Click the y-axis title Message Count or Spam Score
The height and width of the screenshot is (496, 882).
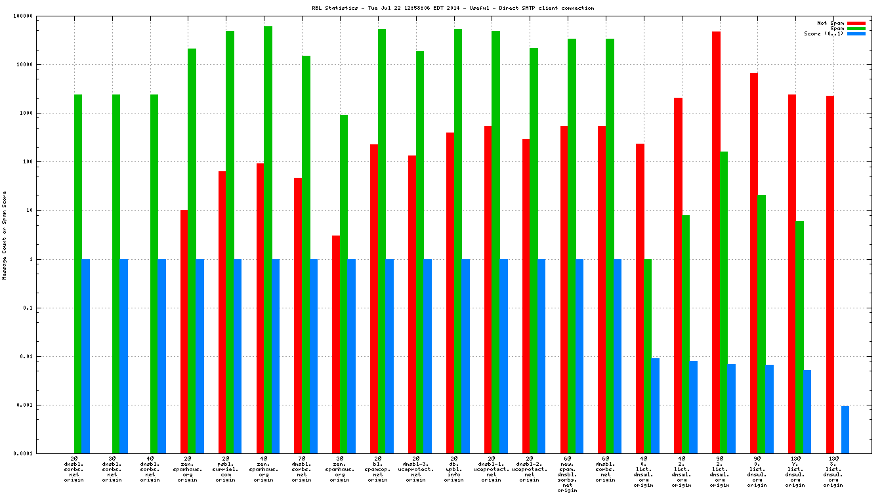pos(5,236)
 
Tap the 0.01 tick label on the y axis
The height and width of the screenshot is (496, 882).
pos(26,356)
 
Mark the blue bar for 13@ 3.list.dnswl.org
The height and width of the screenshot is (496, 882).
pos(845,430)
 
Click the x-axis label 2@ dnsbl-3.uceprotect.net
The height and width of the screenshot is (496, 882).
pos(415,469)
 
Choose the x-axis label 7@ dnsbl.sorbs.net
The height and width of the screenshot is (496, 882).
pos(302,469)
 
